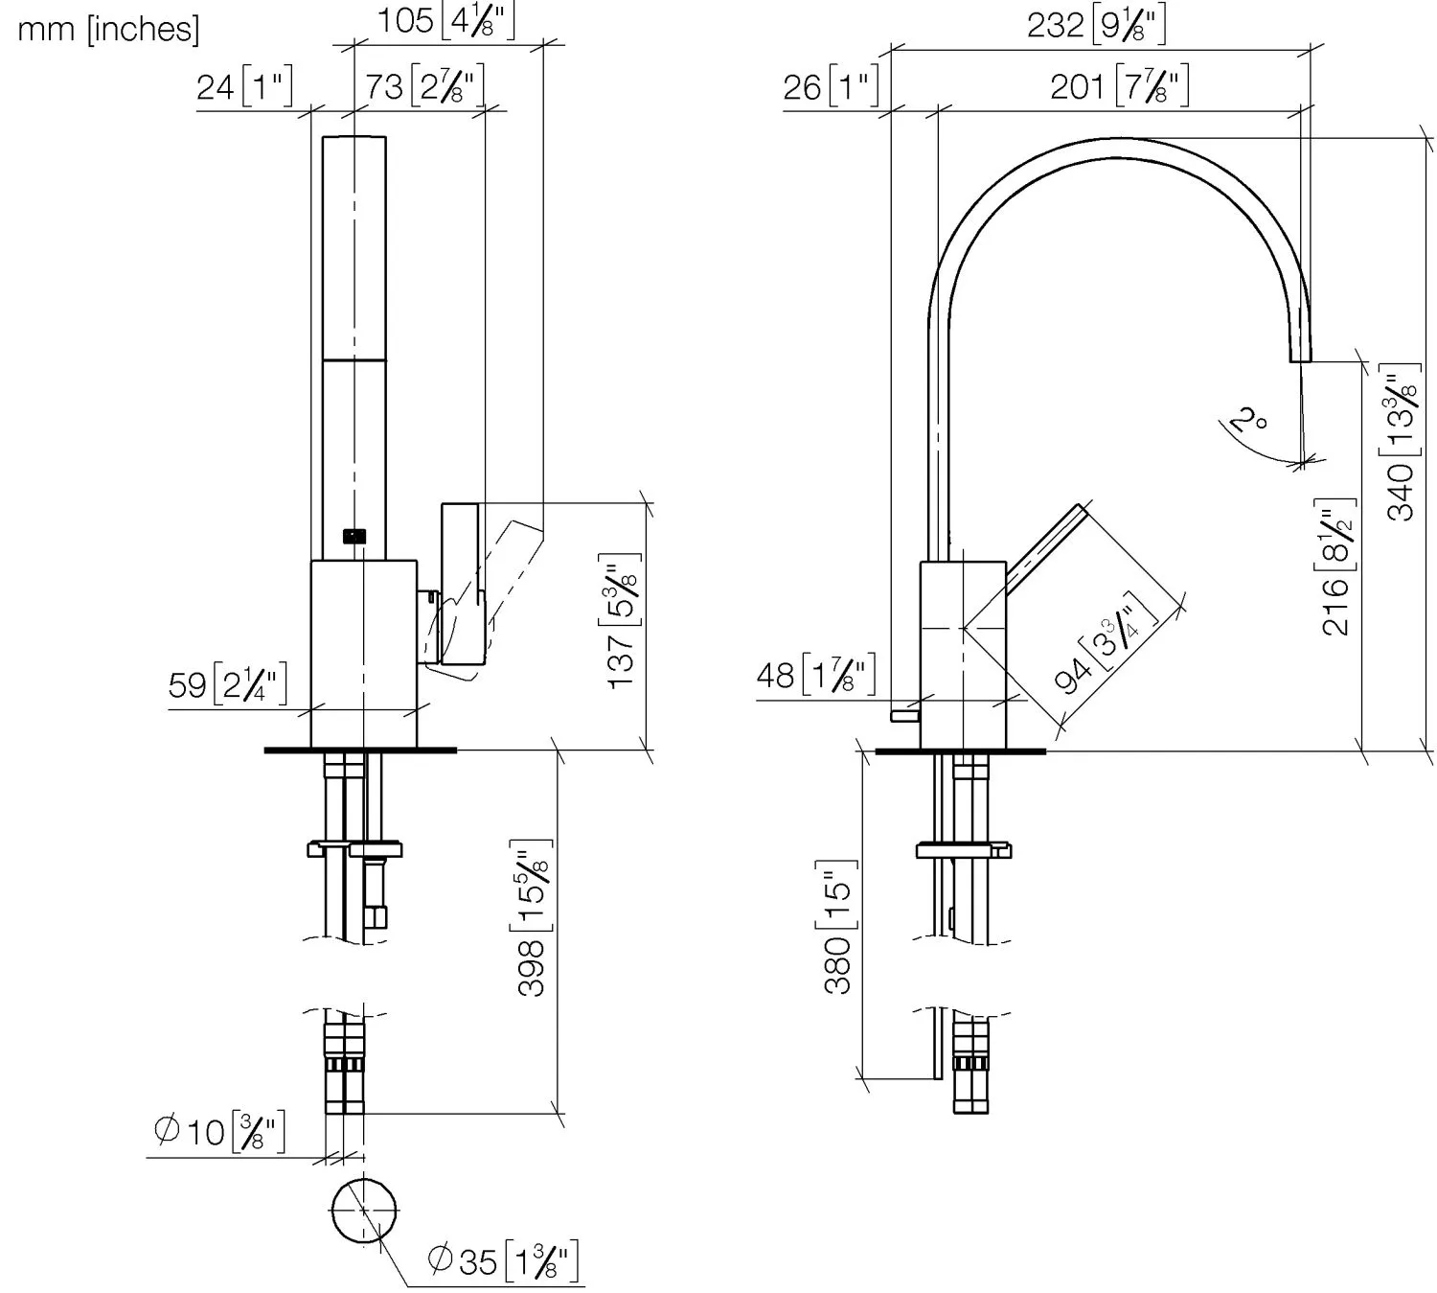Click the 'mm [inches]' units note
pyautogui.click(x=108, y=30)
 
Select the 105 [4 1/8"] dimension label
pyautogui.click(x=445, y=20)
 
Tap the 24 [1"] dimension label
pyautogui.click(x=244, y=87)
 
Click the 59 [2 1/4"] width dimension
pyautogui.click(x=227, y=685)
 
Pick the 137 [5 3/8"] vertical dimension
pyautogui.click(x=622, y=620)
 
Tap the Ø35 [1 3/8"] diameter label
pyautogui.click(x=503, y=1260)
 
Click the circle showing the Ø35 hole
pyautogui.click(x=364, y=1209)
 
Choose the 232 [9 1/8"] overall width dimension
pyautogui.click(x=1096, y=25)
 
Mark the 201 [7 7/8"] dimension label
pyautogui.click(x=1120, y=87)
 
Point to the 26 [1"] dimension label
pyautogui.click(x=831, y=87)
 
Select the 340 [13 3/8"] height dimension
pyautogui.click(x=1403, y=442)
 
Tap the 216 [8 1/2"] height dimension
pyautogui.click(x=1337, y=566)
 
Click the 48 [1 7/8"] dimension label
pyautogui.click(x=815, y=676)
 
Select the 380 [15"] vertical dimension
pyautogui.click(x=837, y=927)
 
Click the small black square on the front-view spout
pyautogui.click(x=354, y=537)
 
